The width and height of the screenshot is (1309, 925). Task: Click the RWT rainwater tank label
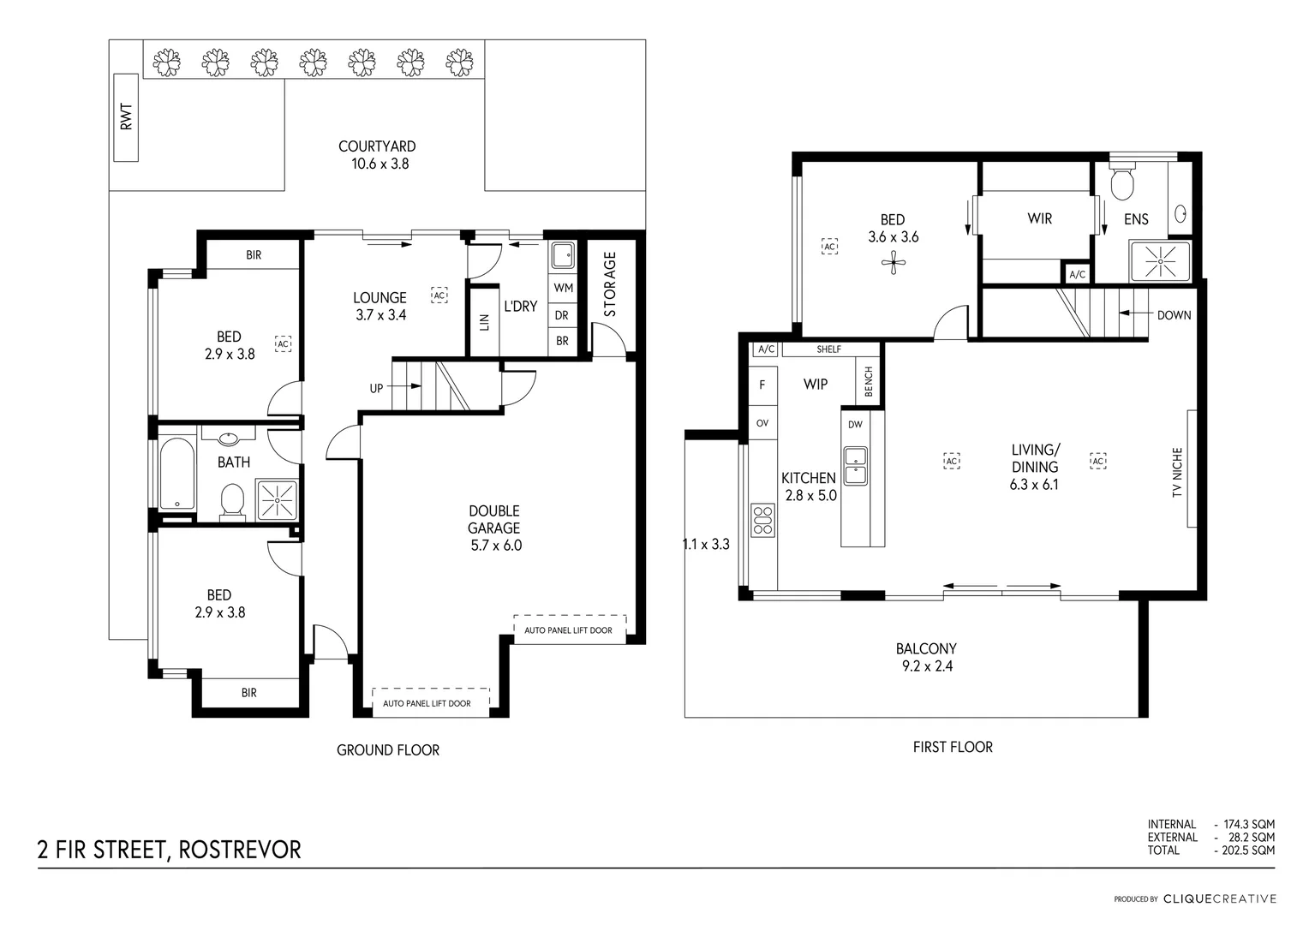[x=127, y=117]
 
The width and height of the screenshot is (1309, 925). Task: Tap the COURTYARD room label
[x=377, y=146]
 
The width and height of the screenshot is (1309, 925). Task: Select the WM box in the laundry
[x=563, y=288]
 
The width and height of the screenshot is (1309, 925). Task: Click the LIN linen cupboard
[x=484, y=321]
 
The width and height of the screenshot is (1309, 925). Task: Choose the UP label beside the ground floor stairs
[x=376, y=388]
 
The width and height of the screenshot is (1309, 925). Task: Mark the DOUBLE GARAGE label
[x=494, y=519]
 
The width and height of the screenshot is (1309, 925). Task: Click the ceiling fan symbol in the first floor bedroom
[x=894, y=263]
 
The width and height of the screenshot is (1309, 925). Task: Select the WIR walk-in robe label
[x=1039, y=219]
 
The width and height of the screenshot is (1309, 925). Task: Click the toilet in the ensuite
[x=1121, y=182]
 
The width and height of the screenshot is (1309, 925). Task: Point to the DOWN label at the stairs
[x=1174, y=315]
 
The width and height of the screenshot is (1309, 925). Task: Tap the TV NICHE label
[x=1177, y=472]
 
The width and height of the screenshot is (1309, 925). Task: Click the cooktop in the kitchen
[x=762, y=520]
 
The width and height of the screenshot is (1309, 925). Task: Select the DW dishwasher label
[x=855, y=425]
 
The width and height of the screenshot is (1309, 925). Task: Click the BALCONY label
[x=926, y=649]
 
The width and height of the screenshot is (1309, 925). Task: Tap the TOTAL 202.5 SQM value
[x=1244, y=850]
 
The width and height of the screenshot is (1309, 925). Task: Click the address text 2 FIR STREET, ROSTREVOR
[x=170, y=850]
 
